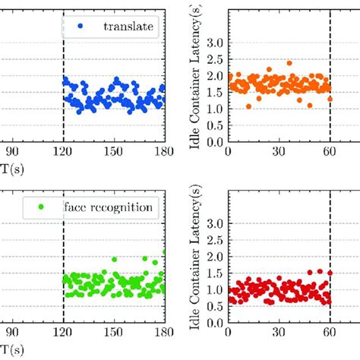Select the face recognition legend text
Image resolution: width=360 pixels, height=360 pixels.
(x=112, y=206)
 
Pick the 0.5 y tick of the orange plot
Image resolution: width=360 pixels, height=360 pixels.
(x=215, y=125)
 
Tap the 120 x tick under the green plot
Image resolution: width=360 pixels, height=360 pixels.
(x=63, y=332)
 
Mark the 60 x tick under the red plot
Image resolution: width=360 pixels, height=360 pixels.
(x=330, y=332)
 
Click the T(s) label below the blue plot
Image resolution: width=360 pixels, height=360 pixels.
(x=9, y=169)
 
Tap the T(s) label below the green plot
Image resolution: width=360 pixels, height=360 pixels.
(x=9, y=349)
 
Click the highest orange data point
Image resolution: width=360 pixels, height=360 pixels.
(x=289, y=63)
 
